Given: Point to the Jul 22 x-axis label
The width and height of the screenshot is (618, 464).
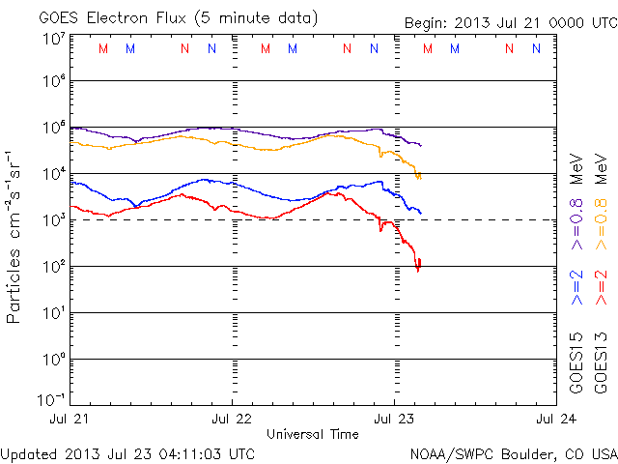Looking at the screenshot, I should (232, 420).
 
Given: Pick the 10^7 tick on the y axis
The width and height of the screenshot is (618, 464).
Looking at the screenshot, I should (52, 39).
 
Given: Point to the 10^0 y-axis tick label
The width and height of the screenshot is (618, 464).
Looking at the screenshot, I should (52, 361).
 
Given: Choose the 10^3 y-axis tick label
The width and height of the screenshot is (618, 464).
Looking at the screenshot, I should (52, 220).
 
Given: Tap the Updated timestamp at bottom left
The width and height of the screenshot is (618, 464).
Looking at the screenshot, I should (128, 452).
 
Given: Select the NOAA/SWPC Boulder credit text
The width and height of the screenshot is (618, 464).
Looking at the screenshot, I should (513, 452).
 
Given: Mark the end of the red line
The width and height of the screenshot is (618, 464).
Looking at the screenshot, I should (420, 260).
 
